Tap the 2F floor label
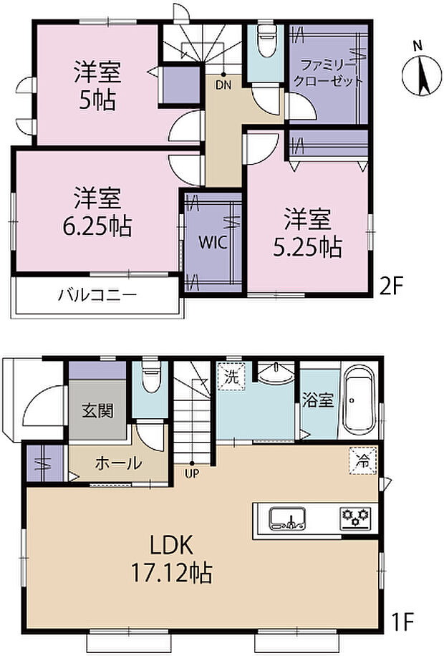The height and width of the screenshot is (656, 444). point(392,287)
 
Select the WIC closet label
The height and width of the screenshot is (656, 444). point(213,242)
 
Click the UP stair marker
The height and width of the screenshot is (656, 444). point(192,473)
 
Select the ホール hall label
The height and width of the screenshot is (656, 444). point(117,463)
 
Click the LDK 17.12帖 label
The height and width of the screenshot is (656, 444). point(180,559)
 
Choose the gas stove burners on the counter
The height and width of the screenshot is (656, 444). point(354,516)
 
